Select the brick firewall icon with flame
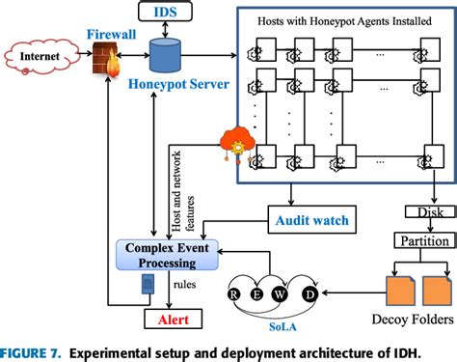(105, 68)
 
